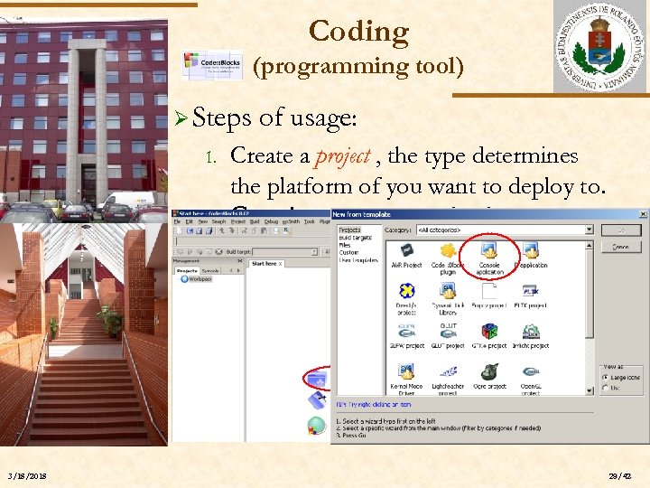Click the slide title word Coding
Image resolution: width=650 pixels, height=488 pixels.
[x=358, y=32]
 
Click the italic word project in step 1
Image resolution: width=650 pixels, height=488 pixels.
[x=342, y=155]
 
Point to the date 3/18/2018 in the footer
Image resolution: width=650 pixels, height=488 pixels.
[x=28, y=477]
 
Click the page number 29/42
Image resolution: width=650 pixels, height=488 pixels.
[x=620, y=477]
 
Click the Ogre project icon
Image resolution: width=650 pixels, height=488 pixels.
[x=489, y=371]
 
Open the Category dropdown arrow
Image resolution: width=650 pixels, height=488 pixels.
[x=589, y=230]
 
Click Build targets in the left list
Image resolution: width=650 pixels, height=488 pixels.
[x=353, y=238]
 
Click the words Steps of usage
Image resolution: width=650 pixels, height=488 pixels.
[x=274, y=118]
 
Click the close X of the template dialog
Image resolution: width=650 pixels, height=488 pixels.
[x=642, y=215]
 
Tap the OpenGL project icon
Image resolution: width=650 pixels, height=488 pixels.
[x=531, y=371]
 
